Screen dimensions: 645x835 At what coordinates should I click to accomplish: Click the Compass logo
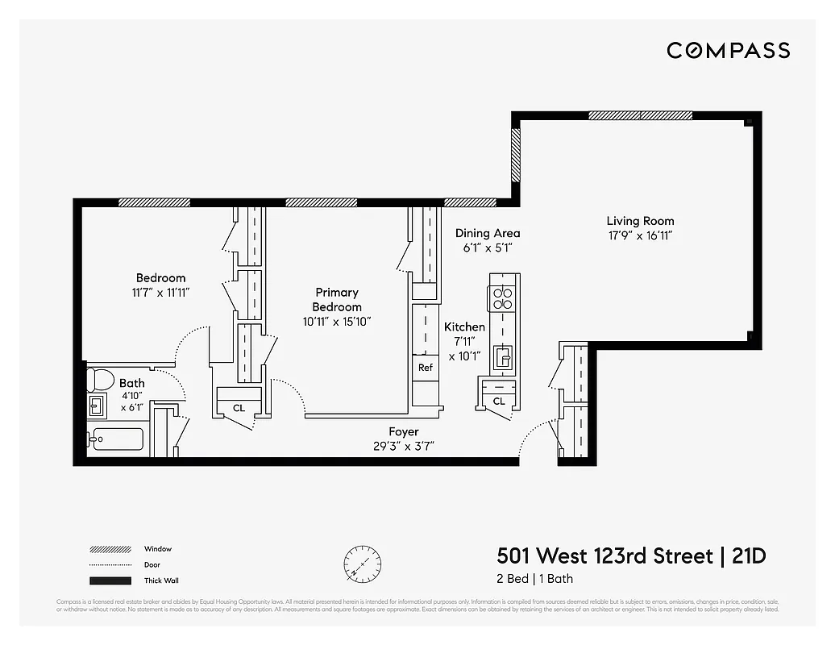point(728,51)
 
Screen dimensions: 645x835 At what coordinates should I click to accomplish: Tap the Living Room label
point(640,221)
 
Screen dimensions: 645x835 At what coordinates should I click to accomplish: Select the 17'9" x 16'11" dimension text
point(640,235)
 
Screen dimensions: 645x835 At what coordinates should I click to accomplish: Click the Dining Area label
point(487,234)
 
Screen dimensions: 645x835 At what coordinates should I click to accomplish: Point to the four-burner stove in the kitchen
point(503,298)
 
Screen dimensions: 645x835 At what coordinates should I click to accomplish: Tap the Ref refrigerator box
point(426,368)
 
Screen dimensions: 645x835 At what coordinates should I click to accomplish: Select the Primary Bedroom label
point(337,299)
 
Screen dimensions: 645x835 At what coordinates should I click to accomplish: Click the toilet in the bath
point(100,378)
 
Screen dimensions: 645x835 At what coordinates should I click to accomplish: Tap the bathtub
point(117,439)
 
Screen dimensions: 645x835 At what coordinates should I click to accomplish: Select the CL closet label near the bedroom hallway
point(239,408)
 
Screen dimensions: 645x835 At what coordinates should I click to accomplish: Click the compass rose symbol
point(362,561)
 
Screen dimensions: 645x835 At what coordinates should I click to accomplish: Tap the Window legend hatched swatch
point(110,549)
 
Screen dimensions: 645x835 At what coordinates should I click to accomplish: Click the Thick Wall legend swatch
point(110,580)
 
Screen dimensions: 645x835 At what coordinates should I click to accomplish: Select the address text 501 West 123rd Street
point(604,556)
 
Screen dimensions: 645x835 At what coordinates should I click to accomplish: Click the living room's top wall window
point(640,115)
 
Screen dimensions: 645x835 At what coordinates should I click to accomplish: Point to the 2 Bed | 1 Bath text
point(534,579)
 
